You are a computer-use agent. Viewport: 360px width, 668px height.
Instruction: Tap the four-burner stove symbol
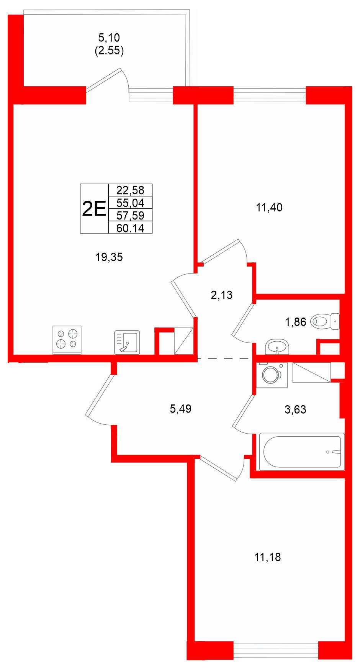point(67,340)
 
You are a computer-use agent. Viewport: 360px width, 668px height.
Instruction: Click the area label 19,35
point(109,257)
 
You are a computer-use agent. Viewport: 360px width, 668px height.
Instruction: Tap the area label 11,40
point(269,208)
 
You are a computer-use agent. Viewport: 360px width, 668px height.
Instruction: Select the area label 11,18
point(267,557)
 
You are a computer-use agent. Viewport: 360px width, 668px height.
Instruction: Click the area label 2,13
point(222,295)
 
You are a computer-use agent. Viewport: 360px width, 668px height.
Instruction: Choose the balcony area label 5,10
point(109,38)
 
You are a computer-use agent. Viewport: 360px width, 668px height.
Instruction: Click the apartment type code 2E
point(94,209)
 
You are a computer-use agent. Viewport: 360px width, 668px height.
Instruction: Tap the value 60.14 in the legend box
point(130,228)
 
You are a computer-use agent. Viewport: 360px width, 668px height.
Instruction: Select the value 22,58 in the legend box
point(130,190)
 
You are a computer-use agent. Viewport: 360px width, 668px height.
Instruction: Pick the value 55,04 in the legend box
point(130,203)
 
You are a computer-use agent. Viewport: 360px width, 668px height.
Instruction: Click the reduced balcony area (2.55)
point(109,51)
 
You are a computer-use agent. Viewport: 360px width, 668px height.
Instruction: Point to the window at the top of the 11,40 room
point(270,95)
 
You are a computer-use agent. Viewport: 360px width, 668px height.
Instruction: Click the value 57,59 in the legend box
point(130,215)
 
